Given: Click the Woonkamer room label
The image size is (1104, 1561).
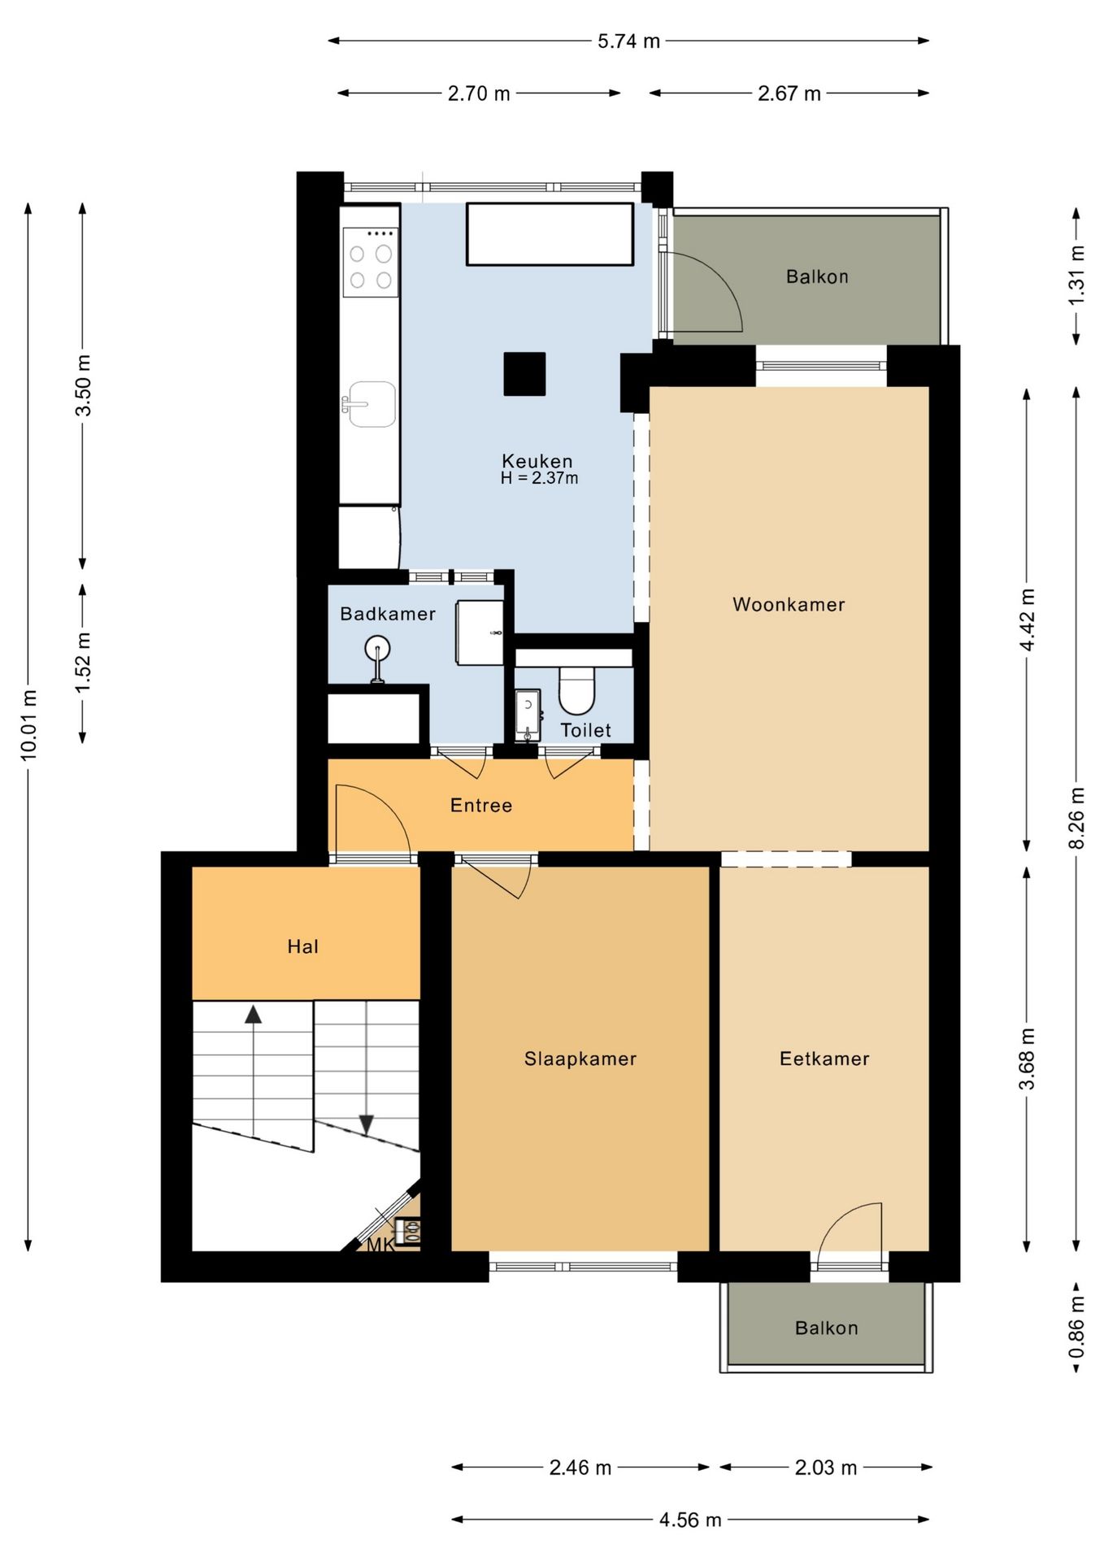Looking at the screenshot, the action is [x=789, y=604].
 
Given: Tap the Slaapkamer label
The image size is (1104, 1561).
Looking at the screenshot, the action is [x=580, y=1059].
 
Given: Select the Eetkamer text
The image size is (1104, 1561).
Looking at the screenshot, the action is [x=824, y=1059].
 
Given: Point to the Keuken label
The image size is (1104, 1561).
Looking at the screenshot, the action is [x=537, y=461].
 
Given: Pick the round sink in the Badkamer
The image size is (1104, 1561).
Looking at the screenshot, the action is [x=377, y=650].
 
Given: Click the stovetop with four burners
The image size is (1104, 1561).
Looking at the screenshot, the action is [x=371, y=262].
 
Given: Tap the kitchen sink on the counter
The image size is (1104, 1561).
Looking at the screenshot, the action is [x=371, y=403].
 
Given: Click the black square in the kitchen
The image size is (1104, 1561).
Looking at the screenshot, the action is [x=524, y=374].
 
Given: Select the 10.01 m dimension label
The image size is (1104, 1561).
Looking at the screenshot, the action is [x=29, y=725].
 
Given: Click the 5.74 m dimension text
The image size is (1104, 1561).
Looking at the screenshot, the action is [x=628, y=41].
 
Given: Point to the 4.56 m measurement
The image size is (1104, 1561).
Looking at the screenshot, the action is [x=690, y=1520].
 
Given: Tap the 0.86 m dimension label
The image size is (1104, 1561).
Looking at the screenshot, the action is [x=1076, y=1327].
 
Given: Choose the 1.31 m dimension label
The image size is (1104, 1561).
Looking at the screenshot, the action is [x=1076, y=276].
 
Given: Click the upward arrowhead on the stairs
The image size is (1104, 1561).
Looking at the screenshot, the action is [x=254, y=1014].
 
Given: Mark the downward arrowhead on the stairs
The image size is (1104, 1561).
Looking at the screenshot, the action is [x=366, y=1124].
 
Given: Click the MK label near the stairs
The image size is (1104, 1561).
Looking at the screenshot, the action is [x=380, y=1245].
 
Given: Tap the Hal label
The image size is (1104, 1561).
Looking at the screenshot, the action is [x=302, y=946].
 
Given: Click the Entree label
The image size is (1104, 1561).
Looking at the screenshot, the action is [x=481, y=805].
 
